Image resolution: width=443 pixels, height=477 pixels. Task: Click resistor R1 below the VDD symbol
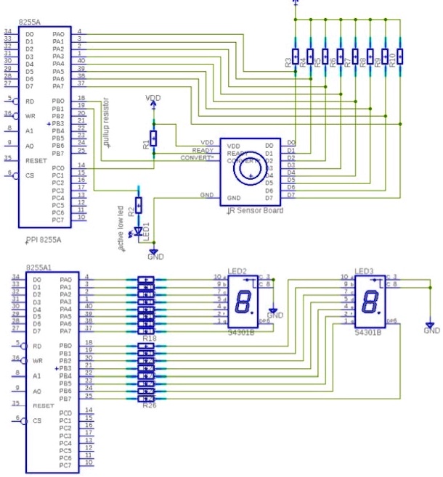[153, 138]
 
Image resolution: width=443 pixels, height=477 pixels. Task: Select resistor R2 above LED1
[139, 205]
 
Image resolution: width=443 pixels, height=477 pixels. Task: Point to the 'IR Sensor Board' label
[251, 211]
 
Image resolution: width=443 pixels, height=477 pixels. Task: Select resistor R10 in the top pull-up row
[399, 57]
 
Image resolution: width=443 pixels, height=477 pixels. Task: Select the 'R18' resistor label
[149, 338]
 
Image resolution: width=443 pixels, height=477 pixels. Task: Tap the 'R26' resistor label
[149, 405]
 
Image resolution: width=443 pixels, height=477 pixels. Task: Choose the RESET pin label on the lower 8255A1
[43, 406]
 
